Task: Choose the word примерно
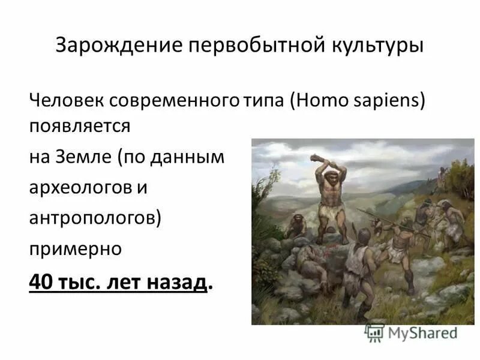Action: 76,248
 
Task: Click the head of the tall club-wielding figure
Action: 329,178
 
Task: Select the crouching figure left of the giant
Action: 295,227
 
